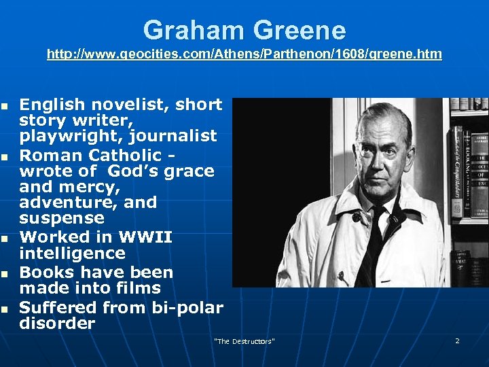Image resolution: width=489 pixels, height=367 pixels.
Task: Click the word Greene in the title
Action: [x=300, y=31]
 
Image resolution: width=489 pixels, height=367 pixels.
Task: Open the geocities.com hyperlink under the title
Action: [x=244, y=54]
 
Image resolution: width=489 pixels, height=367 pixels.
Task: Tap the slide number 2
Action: [x=457, y=340]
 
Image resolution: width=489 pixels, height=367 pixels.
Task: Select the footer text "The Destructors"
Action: [x=244, y=340]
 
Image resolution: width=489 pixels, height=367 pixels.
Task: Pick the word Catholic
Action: [x=126, y=155]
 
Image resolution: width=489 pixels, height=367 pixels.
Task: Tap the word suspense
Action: [x=62, y=218]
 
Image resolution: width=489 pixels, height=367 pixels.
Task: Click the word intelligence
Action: [x=72, y=254]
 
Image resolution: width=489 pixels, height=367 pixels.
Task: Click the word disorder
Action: [x=57, y=324]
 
